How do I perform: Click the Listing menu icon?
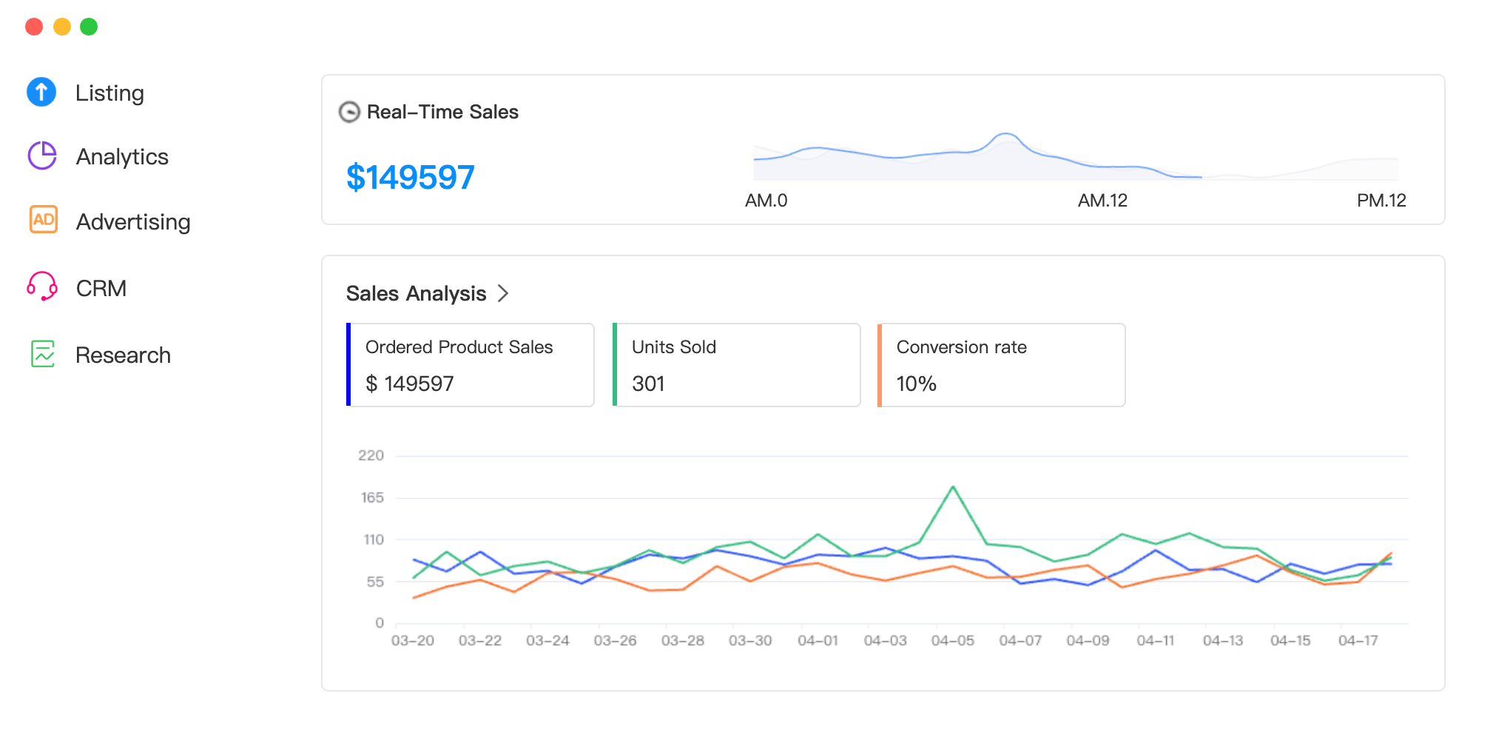[x=41, y=93]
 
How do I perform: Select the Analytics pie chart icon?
[x=42, y=156]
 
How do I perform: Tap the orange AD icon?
[x=44, y=220]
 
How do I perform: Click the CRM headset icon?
[x=42, y=287]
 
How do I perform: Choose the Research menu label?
[x=123, y=355]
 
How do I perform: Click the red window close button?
[x=34, y=27]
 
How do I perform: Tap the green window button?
[x=89, y=27]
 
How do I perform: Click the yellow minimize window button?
[x=62, y=27]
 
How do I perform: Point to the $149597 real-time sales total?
[x=411, y=178]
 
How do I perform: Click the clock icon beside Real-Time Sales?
[x=349, y=112]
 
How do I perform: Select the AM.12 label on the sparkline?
[x=1102, y=201]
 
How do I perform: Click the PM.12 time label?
[x=1381, y=201]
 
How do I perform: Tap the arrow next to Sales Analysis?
[x=503, y=294]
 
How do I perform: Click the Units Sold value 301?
[x=648, y=384]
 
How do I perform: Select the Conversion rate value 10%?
[x=916, y=384]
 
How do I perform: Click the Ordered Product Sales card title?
[x=459, y=347]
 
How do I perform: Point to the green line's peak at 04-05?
[x=953, y=487]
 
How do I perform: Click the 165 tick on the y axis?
[x=372, y=498]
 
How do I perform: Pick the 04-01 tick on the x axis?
[x=818, y=640]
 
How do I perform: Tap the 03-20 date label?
[x=413, y=640]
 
